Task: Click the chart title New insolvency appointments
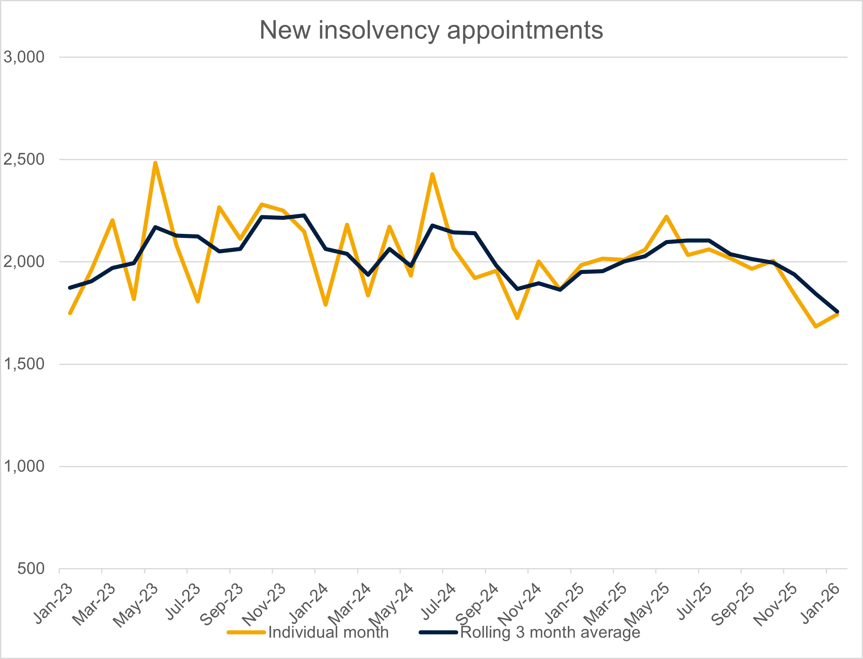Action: [x=431, y=30]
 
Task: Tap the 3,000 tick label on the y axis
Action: [x=24, y=57]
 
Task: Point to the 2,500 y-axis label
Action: [x=24, y=159]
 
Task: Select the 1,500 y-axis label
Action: [x=24, y=364]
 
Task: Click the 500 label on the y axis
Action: [x=31, y=568]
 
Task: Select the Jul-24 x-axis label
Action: [x=439, y=602]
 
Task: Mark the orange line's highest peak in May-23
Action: [x=155, y=163]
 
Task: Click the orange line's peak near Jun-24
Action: [x=432, y=174]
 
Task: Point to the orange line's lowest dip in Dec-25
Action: [x=816, y=326]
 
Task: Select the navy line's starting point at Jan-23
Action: [x=70, y=288]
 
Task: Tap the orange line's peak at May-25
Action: [x=666, y=217]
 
